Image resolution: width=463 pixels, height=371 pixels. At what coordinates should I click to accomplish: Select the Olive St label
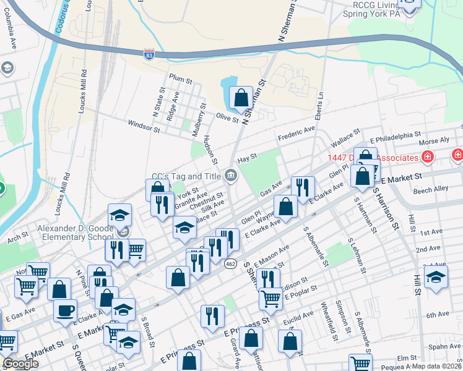pyautogui.click(x=227, y=117)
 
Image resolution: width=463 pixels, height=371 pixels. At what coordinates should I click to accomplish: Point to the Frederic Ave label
pyautogui.click(x=296, y=133)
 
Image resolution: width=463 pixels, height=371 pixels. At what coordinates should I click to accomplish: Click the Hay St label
pyautogui.click(x=247, y=160)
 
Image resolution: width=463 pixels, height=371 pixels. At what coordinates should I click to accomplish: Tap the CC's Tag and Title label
pyautogui.click(x=186, y=176)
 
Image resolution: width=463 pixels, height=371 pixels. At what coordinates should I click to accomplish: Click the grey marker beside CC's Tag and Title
pyautogui.click(x=230, y=177)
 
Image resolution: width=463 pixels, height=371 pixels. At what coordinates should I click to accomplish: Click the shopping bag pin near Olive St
pyautogui.click(x=240, y=98)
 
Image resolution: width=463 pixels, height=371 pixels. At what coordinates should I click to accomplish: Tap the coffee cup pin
pyautogui.click(x=65, y=310)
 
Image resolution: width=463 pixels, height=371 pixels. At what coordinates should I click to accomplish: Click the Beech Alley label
pyautogui.click(x=431, y=189)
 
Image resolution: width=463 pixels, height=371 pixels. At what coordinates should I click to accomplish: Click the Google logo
pyautogui.click(x=20, y=364)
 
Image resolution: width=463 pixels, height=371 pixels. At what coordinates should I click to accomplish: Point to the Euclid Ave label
pyautogui.click(x=301, y=317)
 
